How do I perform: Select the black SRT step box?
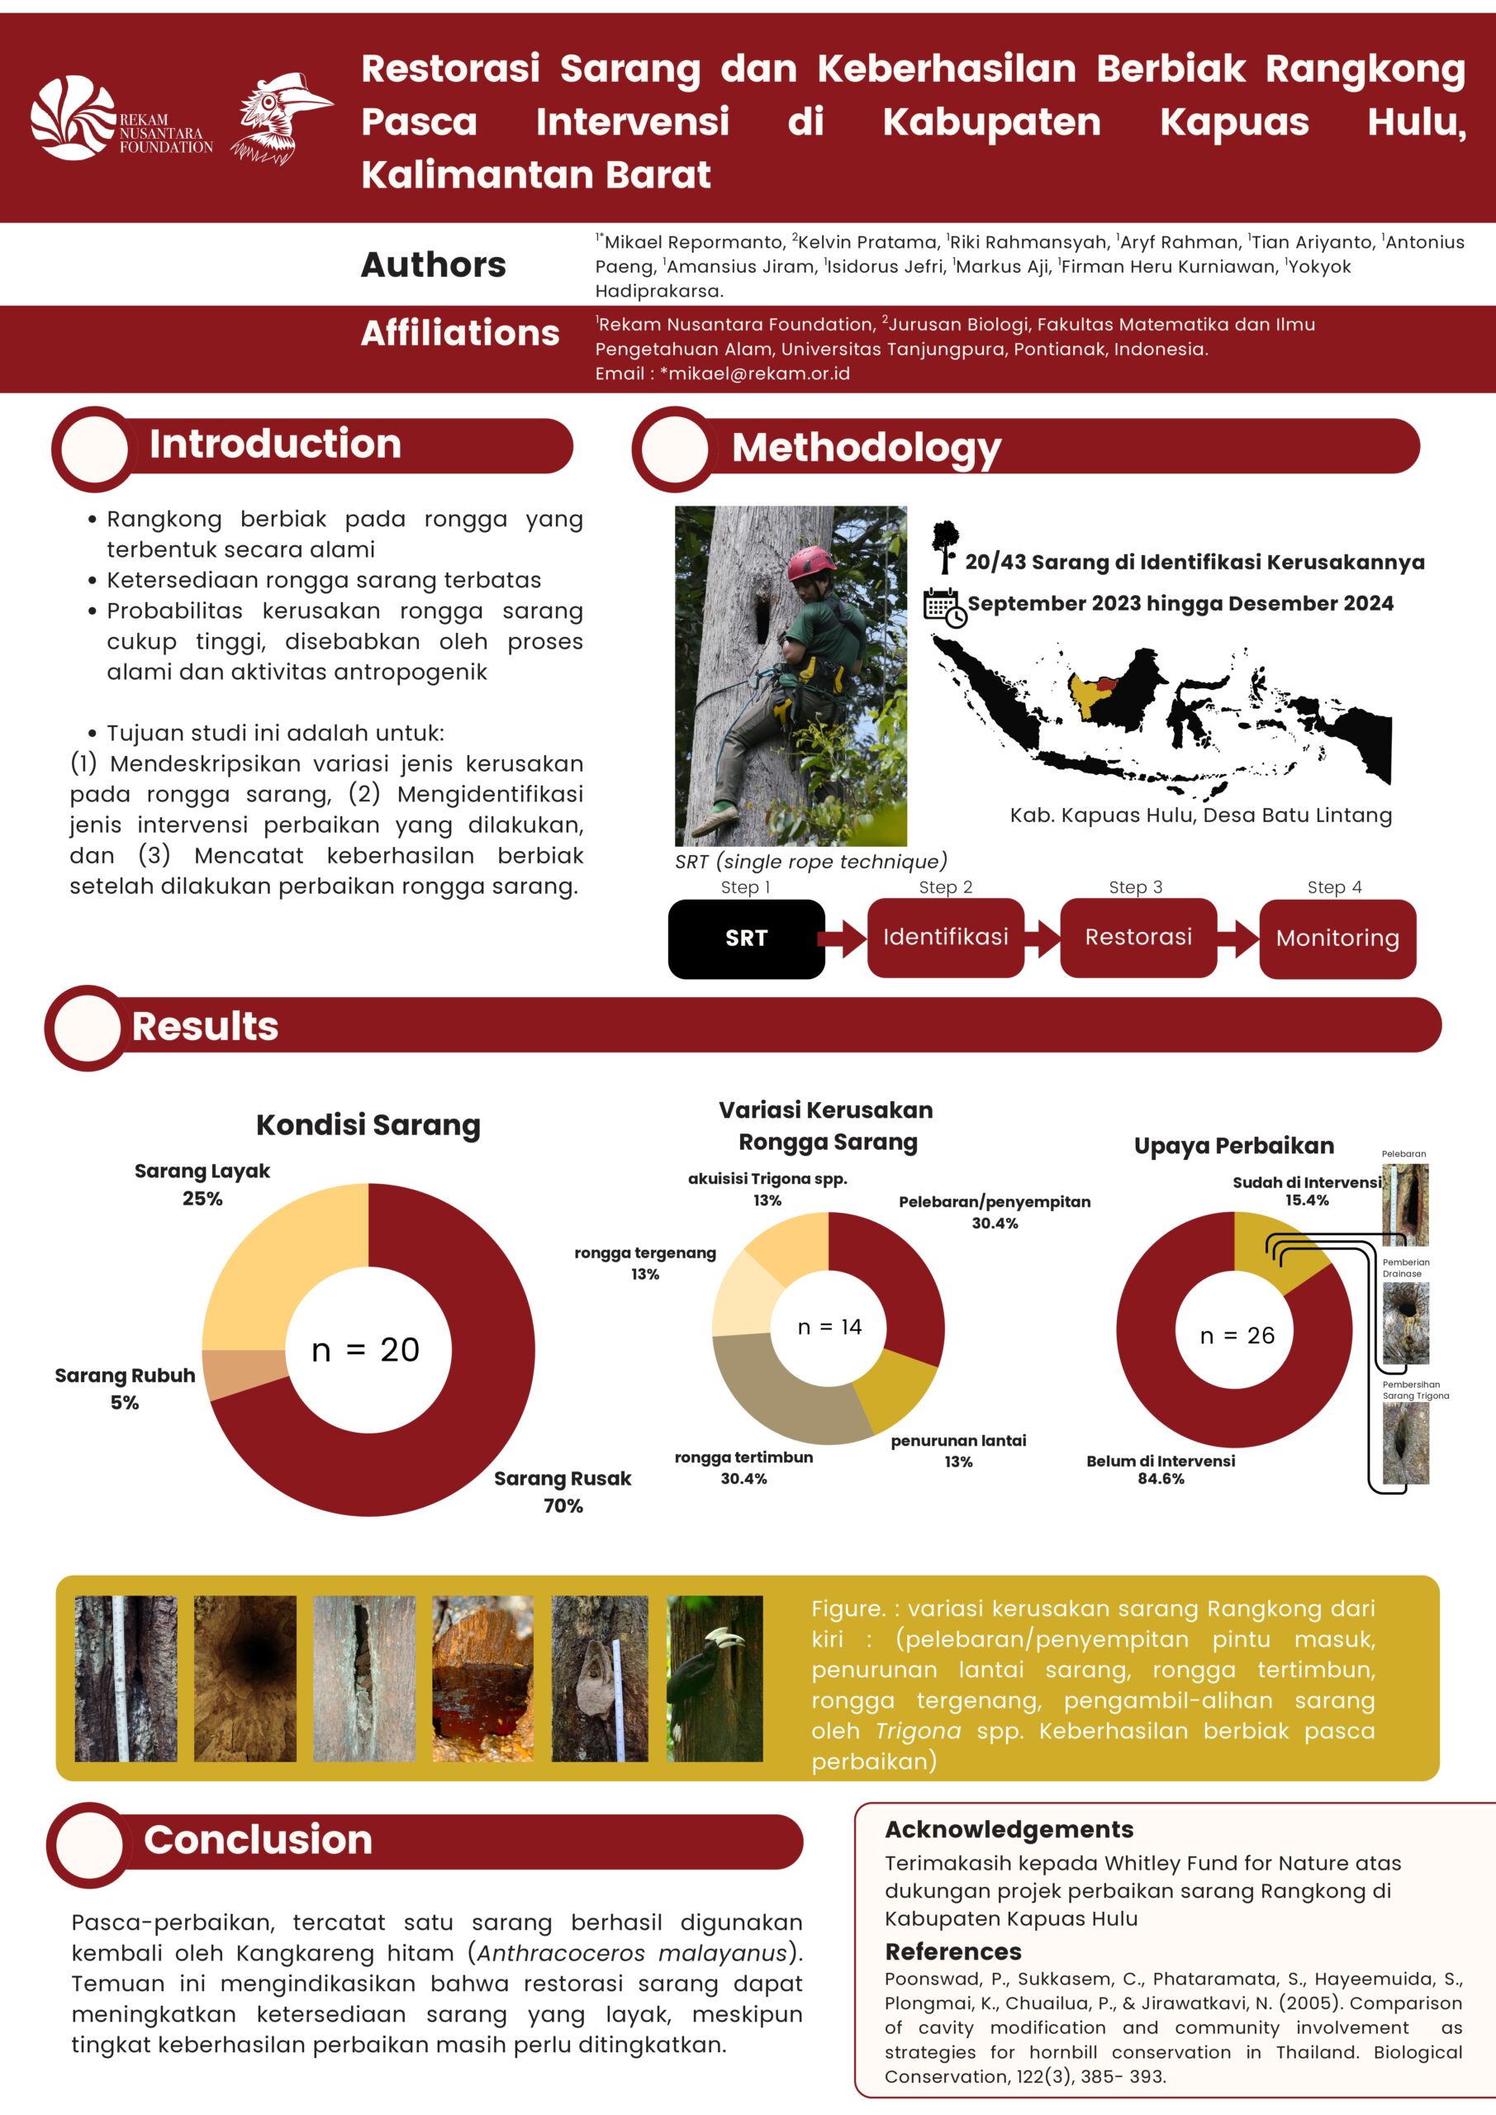point(746,938)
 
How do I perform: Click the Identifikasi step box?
point(945,938)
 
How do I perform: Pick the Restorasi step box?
point(1137,938)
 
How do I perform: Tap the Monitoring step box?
point(1337,938)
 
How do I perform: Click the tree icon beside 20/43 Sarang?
point(944,547)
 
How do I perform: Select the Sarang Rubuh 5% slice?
point(245,1375)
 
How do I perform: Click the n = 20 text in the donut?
point(366,1351)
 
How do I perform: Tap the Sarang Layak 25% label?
point(202,1185)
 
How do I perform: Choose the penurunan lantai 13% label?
point(958,1451)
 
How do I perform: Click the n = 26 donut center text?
point(1237,1336)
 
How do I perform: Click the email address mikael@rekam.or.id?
point(760,373)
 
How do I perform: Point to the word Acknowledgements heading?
point(1009,1828)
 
